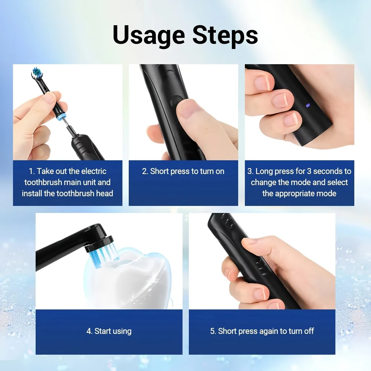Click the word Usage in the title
(x=149, y=35)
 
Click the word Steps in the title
(x=225, y=35)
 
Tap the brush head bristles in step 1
(x=37, y=72)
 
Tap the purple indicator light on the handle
(x=308, y=105)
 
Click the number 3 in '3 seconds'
(x=309, y=171)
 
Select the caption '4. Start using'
(x=109, y=331)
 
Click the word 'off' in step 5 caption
(x=309, y=331)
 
